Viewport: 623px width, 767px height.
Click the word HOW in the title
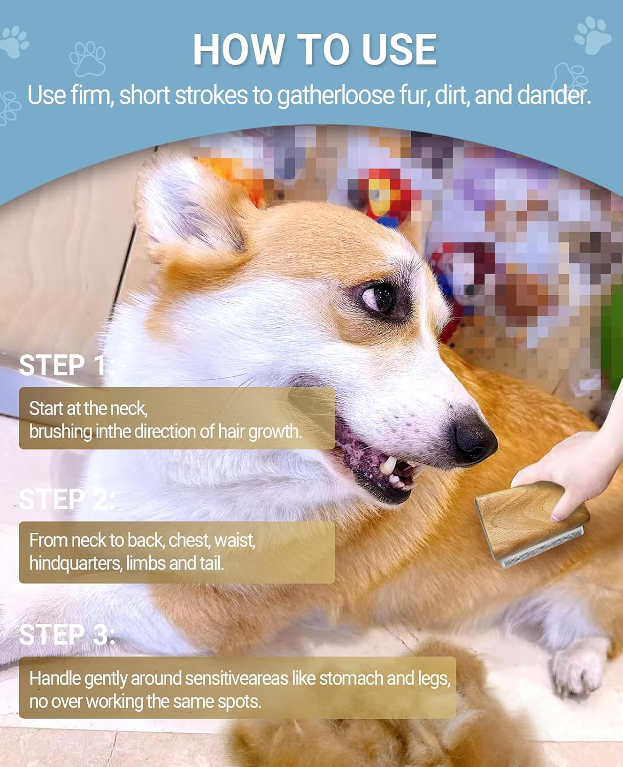point(239,49)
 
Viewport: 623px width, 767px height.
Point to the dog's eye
point(380,299)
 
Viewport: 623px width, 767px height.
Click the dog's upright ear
point(191,212)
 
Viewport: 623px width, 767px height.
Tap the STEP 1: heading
point(67,365)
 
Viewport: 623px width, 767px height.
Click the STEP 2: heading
point(67,500)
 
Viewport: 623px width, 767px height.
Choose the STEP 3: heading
point(67,634)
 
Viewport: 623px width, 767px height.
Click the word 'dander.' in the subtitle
point(554,95)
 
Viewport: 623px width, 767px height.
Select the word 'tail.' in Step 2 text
point(212,563)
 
